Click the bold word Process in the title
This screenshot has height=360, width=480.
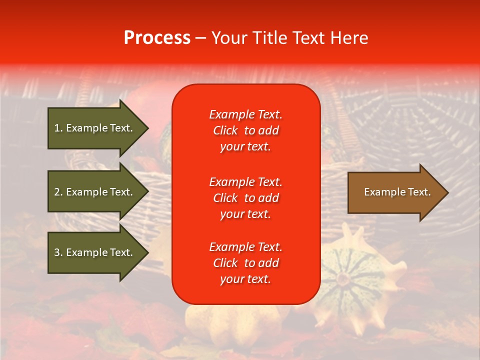[157, 38]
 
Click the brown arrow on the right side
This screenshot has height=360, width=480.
[395, 192]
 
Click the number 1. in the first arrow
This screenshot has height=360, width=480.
[58, 128]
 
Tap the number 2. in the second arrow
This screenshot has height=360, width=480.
[58, 192]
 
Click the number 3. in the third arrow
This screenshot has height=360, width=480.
[58, 252]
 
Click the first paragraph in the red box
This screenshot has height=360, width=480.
[245, 130]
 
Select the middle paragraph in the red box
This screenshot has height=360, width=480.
[245, 197]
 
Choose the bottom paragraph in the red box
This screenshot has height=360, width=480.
[245, 263]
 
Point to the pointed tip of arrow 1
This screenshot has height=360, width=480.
[147, 128]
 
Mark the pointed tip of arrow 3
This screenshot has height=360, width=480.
[147, 252]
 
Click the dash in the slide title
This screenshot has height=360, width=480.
[200, 38]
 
